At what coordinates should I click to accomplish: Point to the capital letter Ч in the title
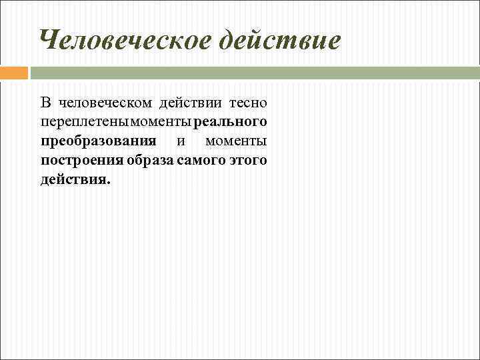49,41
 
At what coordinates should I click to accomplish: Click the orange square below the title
14,72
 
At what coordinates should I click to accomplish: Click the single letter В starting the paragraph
45,103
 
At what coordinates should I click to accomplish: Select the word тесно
248,103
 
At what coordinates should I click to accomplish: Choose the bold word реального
230,122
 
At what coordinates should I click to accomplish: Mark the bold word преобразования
98,141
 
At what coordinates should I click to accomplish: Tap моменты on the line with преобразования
236,141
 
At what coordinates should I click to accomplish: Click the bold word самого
199,161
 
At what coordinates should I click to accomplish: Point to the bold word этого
246,161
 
